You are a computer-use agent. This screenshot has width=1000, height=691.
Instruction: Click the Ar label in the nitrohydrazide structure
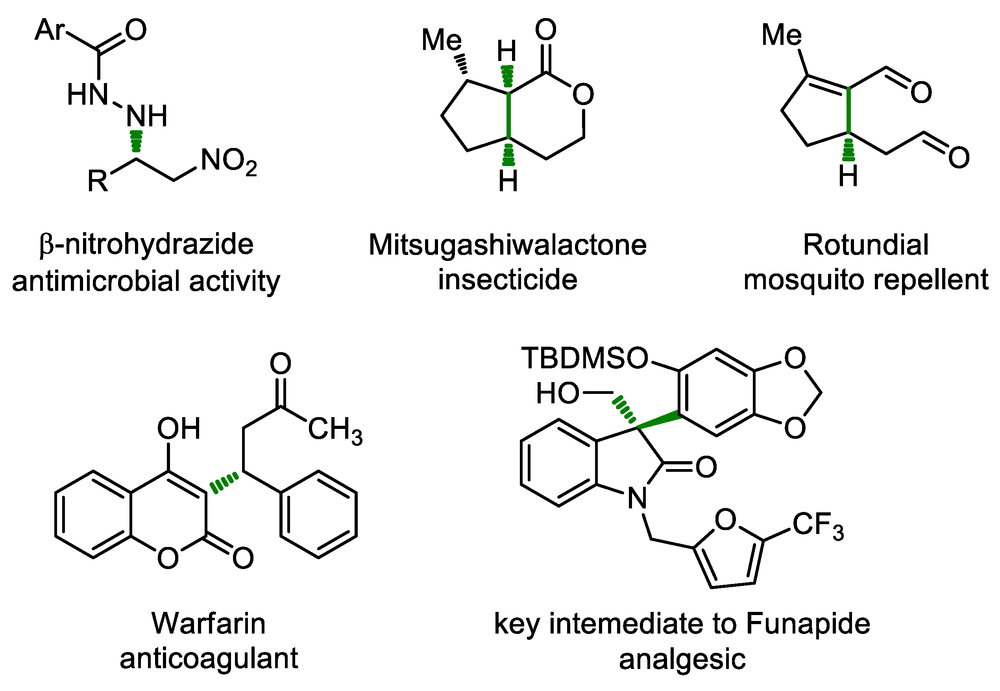click(49, 30)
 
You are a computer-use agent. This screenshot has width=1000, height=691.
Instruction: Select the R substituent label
click(98, 181)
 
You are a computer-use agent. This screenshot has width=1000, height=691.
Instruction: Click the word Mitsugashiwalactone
click(507, 245)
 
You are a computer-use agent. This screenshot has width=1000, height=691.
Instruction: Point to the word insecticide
click(507, 280)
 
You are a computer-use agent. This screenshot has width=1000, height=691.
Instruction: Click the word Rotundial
click(866, 245)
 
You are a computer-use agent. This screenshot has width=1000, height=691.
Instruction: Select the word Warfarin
click(209, 623)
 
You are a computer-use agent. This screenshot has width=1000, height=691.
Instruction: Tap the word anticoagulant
click(209, 658)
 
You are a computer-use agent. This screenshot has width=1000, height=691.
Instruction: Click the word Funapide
click(808, 623)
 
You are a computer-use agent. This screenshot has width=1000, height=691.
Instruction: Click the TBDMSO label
click(584, 358)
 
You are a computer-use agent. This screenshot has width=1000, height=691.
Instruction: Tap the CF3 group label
click(818, 525)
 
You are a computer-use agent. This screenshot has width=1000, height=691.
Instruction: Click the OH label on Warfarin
click(178, 429)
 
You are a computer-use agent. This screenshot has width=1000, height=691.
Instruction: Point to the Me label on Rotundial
click(782, 35)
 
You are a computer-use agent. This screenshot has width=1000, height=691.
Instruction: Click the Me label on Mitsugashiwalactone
click(442, 40)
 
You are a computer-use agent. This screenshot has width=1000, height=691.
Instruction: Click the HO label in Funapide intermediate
click(558, 393)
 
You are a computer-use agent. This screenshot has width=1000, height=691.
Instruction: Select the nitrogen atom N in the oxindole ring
click(637, 498)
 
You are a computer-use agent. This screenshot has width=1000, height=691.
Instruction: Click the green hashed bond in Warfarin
click(224, 483)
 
